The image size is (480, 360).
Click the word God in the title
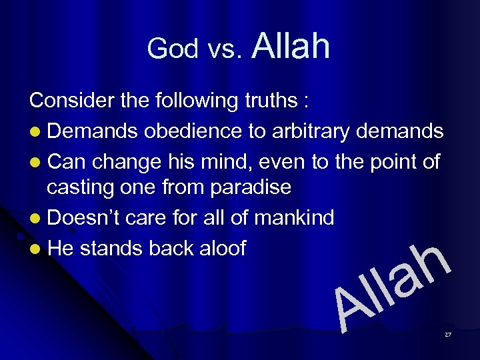(x=173, y=49)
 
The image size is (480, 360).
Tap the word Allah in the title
(x=291, y=46)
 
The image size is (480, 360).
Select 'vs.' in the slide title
(x=223, y=50)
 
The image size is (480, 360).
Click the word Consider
(x=69, y=101)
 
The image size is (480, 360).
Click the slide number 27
(x=448, y=334)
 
